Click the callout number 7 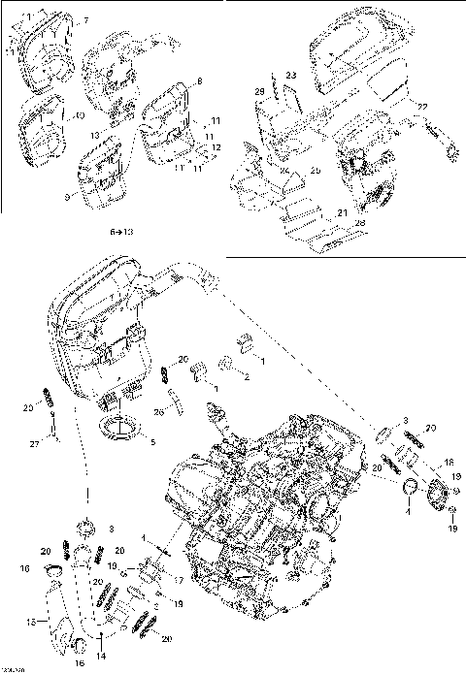[84, 20]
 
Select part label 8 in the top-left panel [199, 80]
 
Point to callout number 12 [216, 147]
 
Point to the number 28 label [361, 224]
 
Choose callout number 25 [316, 172]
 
